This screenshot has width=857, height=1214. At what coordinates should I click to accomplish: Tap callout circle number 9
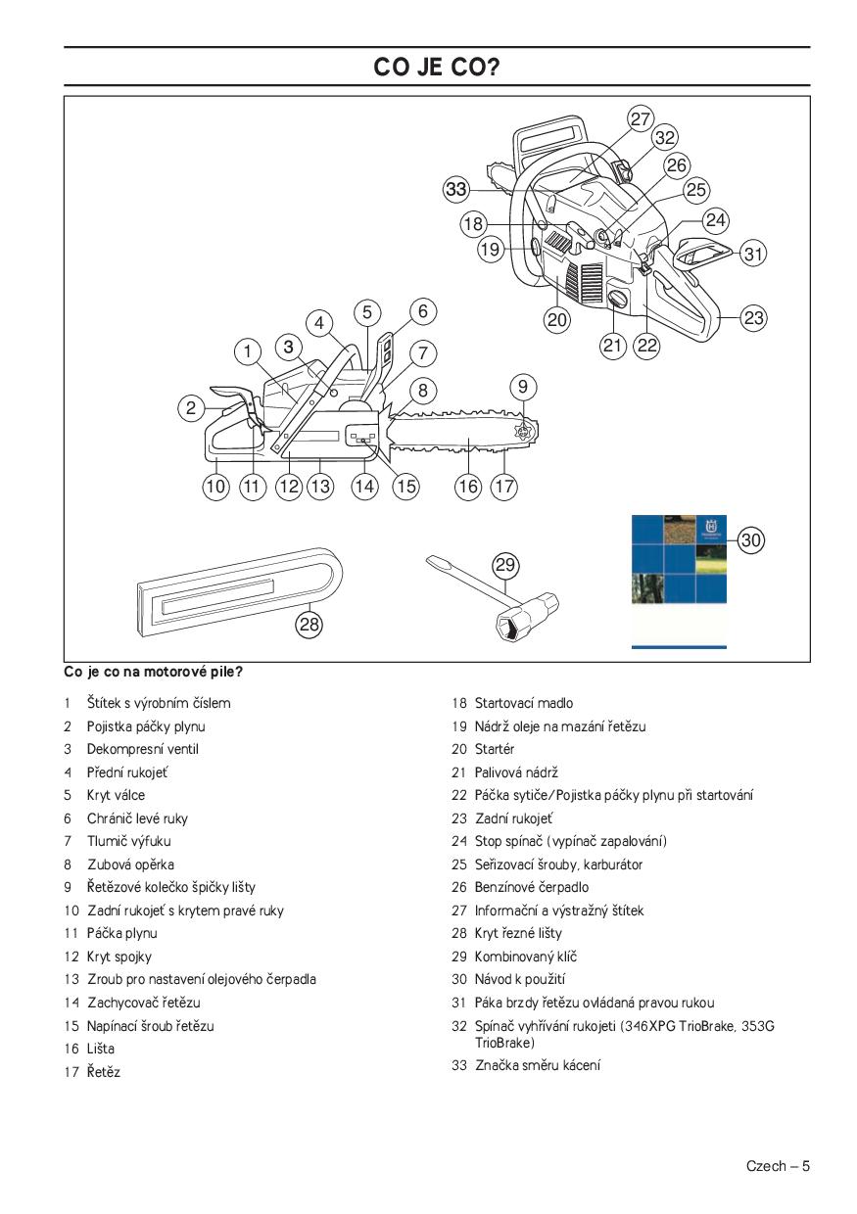[523, 386]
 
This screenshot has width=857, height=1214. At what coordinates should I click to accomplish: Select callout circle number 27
[641, 118]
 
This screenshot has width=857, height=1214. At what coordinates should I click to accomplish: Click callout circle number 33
[455, 190]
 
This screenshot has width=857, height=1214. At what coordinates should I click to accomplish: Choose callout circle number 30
[750, 538]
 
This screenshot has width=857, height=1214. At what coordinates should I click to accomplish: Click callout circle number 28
[310, 624]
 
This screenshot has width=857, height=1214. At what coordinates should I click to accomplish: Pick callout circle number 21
[613, 344]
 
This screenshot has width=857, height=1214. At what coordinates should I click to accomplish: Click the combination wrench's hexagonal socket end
[518, 622]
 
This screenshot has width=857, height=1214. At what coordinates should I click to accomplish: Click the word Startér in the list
[495, 749]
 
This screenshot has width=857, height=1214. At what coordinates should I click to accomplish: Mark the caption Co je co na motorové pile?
[153, 673]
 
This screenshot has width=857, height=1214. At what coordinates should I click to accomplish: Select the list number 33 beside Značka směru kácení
[458, 1065]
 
